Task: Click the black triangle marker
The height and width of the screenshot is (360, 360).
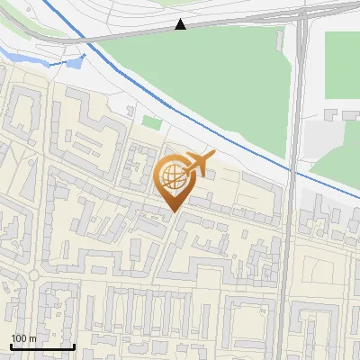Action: pyautogui.click(x=181, y=25)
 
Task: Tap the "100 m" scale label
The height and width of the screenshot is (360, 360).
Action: pyautogui.click(x=23, y=337)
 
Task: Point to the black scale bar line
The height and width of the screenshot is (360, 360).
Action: pyautogui.click(x=41, y=346)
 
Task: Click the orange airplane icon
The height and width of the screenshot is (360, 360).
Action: pyautogui.click(x=198, y=163)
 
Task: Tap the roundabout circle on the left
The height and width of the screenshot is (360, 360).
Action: pyautogui.click(x=33, y=274)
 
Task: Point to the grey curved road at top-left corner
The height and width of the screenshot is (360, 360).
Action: pyautogui.click(x=27, y=31)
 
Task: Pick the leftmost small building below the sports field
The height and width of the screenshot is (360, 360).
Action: pyautogui.click(x=329, y=115)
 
